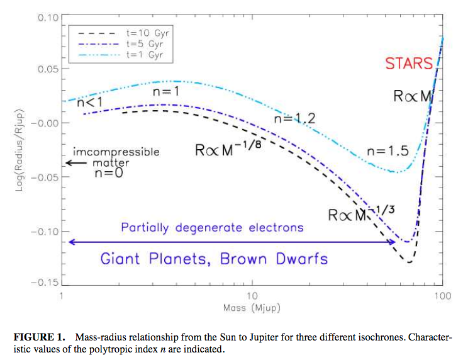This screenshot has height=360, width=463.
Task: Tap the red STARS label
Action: (409, 64)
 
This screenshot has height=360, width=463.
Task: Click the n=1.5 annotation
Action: (388, 151)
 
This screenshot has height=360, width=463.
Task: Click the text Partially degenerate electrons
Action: (212, 227)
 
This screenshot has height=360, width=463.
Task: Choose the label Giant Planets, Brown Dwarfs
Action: (214, 258)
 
